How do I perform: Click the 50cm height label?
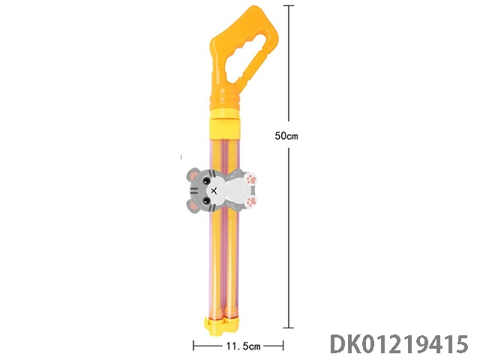click(286, 135)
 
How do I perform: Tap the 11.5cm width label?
click(243, 346)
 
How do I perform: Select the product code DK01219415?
click(400, 344)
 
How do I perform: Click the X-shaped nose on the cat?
click(214, 190)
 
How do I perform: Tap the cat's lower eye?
click(206, 200)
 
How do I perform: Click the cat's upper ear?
click(193, 174)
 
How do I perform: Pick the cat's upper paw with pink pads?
click(250, 179)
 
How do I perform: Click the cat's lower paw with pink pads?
click(251, 202)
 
